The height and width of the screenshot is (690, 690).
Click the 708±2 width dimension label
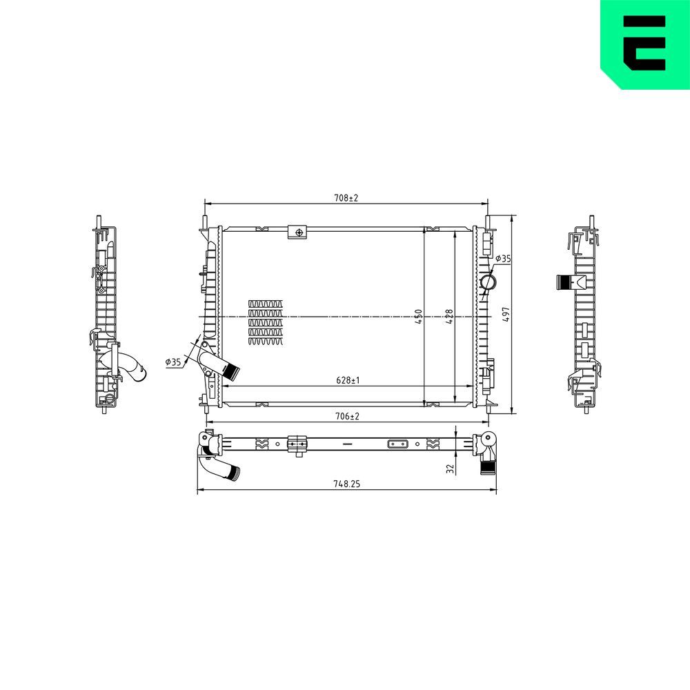coord(346,198)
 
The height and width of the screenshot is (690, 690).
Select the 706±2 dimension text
coord(346,416)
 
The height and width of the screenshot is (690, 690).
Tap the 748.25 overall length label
coord(346,484)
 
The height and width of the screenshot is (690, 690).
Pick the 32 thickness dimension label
coord(450,469)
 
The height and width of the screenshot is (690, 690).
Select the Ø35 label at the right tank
coord(503,259)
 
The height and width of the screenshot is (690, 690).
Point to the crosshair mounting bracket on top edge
coord(298,233)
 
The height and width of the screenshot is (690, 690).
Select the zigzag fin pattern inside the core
coord(266,322)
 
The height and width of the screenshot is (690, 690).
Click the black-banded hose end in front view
coord(232,373)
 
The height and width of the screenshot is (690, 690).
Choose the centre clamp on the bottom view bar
coord(297,444)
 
